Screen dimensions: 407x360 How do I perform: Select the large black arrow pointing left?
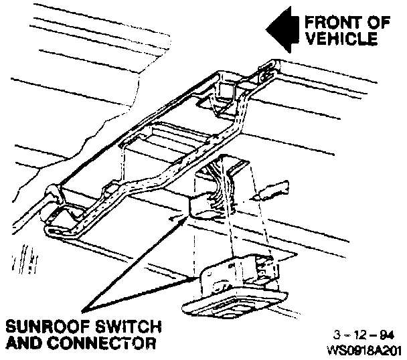click(x=281, y=30)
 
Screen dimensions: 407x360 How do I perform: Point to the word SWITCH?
click(x=127, y=328)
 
